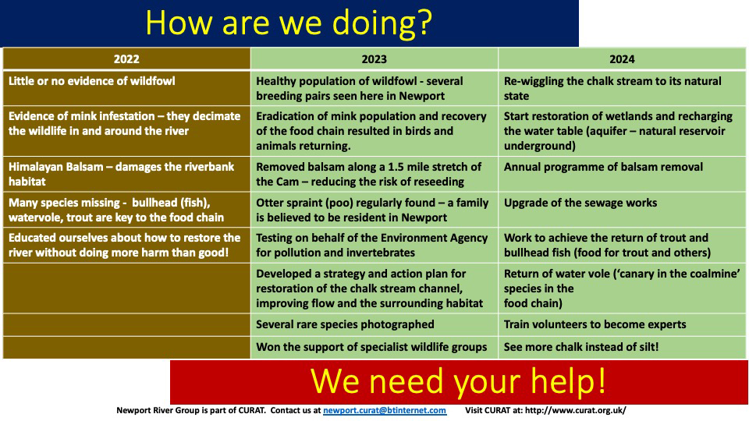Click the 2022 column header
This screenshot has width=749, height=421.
pyautogui.click(x=126, y=59)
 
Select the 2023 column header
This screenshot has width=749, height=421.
pyautogui.click(x=374, y=59)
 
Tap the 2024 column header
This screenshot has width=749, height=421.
pyautogui.click(x=622, y=59)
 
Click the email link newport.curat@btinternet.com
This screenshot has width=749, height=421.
pyautogui.click(x=385, y=410)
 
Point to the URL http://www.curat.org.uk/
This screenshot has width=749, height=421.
pyautogui.click(x=576, y=410)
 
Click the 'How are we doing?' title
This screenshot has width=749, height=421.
pyautogui.click(x=289, y=23)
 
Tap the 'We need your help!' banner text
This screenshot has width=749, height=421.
pyautogui.click(x=458, y=381)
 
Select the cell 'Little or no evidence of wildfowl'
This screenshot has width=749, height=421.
pyautogui.click(x=92, y=81)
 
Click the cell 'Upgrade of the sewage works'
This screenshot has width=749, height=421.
pyautogui.click(x=580, y=203)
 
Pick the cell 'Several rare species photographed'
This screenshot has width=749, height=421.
pyautogui.click(x=345, y=324)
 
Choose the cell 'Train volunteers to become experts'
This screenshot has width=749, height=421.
pyautogui.click(x=595, y=324)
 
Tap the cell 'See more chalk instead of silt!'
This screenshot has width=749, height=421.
pyautogui.click(x=580, y=347)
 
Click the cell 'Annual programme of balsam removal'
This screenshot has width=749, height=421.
pyautogui.click(x=603, y=167)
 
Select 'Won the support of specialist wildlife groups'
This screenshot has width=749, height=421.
pyautogui.click(x=371, y=347)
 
